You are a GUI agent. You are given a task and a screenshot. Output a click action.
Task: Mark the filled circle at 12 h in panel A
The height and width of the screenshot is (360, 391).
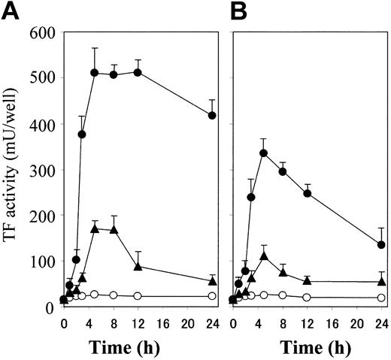point(138,72)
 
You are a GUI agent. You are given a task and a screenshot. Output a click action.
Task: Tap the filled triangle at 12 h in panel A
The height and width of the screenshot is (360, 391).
point(138,267)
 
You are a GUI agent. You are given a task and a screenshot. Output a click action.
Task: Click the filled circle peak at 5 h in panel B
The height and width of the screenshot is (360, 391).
point(263,153)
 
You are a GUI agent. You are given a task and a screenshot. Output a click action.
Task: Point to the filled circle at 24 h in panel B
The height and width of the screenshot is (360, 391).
point(381,244)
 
